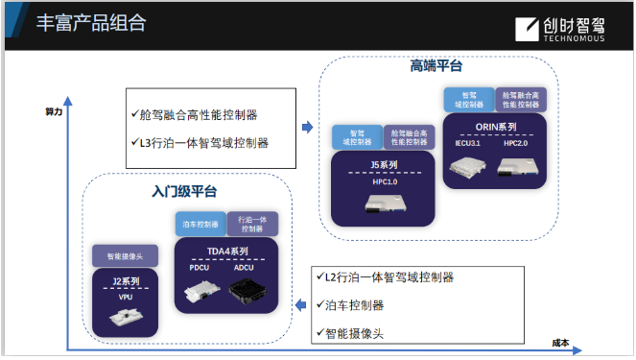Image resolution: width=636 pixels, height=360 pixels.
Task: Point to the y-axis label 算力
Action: coord(54,112)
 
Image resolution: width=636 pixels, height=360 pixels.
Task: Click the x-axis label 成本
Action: coord(561,343)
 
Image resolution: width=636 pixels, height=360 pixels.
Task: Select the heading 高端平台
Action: coord(436,65)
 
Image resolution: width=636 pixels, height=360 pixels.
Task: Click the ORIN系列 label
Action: coord(495,127)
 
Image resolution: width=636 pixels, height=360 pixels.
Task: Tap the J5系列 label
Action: coord(384,165)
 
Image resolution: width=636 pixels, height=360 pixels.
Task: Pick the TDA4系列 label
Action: coord(227,251)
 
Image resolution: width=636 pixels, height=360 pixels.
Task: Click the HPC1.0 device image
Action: coord(384,204)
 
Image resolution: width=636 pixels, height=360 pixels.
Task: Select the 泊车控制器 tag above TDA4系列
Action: coord(200,224)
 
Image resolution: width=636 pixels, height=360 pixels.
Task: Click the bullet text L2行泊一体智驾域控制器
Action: coord(389,277)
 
